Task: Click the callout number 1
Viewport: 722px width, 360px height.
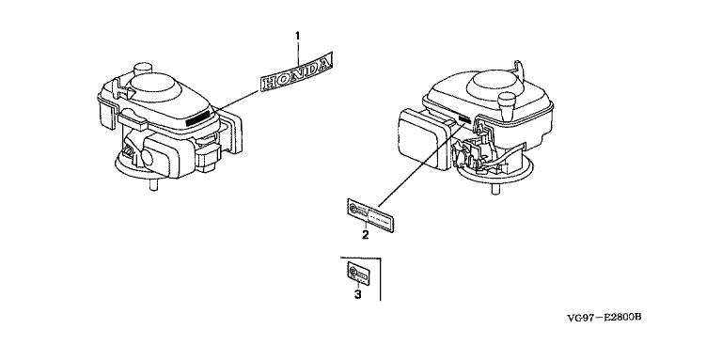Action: point(297,36)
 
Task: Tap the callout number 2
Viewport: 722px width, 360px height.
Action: point(365,235)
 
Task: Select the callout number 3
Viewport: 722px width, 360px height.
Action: point(358,294)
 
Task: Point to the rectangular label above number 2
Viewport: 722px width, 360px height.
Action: point(371,213)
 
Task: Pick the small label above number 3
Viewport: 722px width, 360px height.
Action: point(357,273)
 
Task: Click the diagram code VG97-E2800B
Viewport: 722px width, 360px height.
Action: point(604,317)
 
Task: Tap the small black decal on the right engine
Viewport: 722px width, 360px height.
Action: point(464,119)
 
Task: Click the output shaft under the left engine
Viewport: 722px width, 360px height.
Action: point(154,184)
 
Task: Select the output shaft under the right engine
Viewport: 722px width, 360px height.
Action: point(495,189)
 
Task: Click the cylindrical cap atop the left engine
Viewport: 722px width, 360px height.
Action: point(143,69)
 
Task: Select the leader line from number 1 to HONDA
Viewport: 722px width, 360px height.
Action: point(297,53)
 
